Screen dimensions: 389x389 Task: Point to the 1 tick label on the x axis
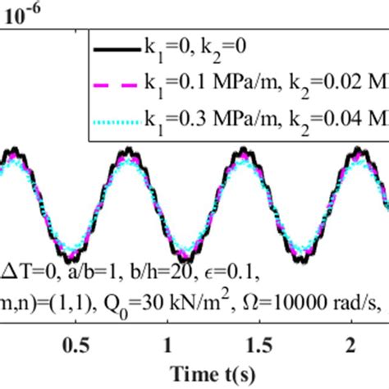(167, 342)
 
